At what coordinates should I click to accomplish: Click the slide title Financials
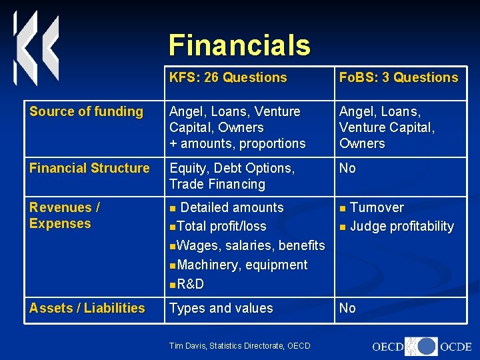[239, 45]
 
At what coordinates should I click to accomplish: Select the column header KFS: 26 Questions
[228, 77]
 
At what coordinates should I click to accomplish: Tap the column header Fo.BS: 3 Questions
[399, 77]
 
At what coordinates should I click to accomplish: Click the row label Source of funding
[87, 111]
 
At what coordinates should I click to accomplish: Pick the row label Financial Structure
[89, 168]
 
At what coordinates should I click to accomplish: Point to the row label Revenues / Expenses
[65, 215]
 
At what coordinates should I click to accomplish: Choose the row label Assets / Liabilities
[87, 308]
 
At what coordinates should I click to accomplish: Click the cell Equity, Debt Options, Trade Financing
[231, 176]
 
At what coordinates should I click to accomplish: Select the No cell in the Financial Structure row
[347, 168]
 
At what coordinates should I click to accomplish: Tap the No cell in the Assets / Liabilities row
[347, 308]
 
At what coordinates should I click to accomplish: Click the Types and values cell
[221, 308]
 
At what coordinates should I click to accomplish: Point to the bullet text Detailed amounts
[232, 207]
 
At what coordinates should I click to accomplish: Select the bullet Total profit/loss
[222, 227]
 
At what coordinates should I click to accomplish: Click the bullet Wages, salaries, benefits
[251, 245]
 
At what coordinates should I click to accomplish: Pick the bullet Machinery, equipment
[243, 265]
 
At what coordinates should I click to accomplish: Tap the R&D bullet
[191, 284]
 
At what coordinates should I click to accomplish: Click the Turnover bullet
[377, 207]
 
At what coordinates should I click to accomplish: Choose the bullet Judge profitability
[401, 227]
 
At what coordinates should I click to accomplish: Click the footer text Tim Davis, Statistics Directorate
[240, 345]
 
